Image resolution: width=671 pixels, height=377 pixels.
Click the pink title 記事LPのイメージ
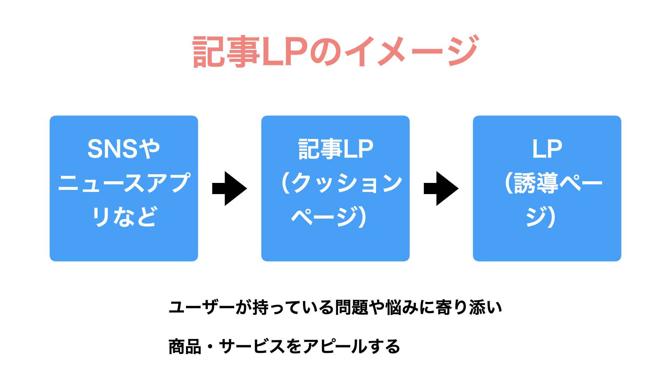(x=335, y=51)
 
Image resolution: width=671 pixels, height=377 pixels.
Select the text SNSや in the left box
(x=124, y=149)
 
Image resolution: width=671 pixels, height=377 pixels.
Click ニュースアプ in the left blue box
(x=124, y=183)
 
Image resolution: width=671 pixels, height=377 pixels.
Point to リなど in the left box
(x=124, y=216)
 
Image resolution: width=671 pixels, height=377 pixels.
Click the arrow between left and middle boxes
(x=230, y=188)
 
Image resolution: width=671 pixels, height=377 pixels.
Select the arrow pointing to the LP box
(x=441, y=188)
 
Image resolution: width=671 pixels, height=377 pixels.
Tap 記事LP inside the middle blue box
(x=336, y=149)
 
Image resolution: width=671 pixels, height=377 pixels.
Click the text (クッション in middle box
(x=342, y=183)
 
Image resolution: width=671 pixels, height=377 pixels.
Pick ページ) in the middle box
(x=329, y=216)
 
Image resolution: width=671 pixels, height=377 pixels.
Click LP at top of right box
(x=547, y=149)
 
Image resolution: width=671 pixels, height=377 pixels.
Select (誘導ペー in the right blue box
(x=554, y=183)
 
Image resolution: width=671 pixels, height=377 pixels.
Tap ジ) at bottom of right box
(x=541, y=216)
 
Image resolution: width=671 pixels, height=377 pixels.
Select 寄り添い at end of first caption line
(x=469, y=308)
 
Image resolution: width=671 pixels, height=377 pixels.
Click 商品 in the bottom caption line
(x=185, y=347)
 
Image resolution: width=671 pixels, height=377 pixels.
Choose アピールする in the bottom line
(x=351, y=347)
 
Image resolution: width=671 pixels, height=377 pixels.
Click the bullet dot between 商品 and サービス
(x=210, y=347)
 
